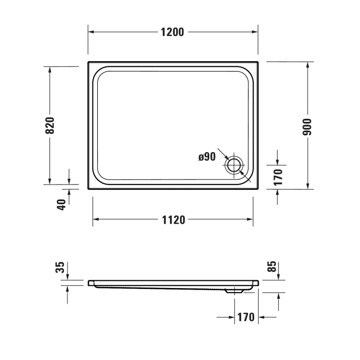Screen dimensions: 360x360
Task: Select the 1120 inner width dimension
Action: point(173,220)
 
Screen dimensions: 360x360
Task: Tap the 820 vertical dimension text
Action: point(50,125)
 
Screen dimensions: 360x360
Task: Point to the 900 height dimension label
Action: point(308,125)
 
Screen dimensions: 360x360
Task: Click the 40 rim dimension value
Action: point(62,204)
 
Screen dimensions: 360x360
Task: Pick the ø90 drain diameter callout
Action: point(207,157)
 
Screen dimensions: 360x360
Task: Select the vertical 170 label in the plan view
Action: point(278,176)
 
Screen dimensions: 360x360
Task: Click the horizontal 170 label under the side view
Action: point(246,317)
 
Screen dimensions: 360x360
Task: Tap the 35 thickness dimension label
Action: point(61,267)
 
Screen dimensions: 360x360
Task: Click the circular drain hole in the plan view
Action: point(233,166)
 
